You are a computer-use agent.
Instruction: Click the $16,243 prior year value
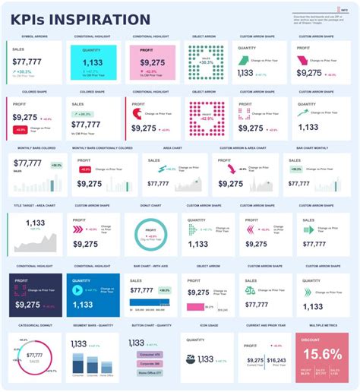click(276, 360)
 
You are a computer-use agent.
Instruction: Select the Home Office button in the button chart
click(148, 373)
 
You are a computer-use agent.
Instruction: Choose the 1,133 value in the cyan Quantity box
click(93, 63)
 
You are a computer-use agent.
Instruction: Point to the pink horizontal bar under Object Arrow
click(197, 306)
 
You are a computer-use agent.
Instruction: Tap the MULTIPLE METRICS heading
click(323, 324)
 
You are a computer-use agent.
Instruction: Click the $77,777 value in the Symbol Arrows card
click(27, 61)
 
